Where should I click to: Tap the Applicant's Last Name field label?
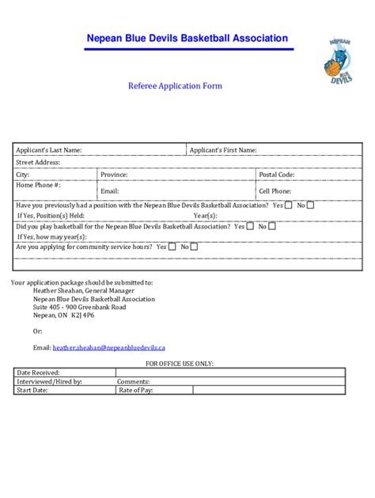click(x=49, y=150)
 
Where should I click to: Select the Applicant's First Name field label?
click(x=222, y=150)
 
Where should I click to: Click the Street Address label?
click(x=38, y=162)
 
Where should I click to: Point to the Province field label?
click(x=114, y=174)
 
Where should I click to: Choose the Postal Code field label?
click(x=277, y=174)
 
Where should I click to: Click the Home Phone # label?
click(x=39, y=185)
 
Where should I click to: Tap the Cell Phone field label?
click(x=275, y=191)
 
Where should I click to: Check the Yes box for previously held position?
click(x=289, y=205)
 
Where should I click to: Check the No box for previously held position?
click(x=311, y=205)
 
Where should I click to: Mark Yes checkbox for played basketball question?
click(x=250, y=225)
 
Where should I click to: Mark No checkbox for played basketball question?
click(x=272, y=225)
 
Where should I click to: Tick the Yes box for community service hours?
click(x=172, y=246)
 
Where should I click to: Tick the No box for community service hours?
click(x=195, y=246)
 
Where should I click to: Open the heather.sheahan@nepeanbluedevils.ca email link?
click(x=108, y=347)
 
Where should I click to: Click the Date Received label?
click(x=39, y=372)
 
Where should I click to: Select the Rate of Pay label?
click(x=135, y=390)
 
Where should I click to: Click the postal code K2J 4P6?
click(x=82, y=315)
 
